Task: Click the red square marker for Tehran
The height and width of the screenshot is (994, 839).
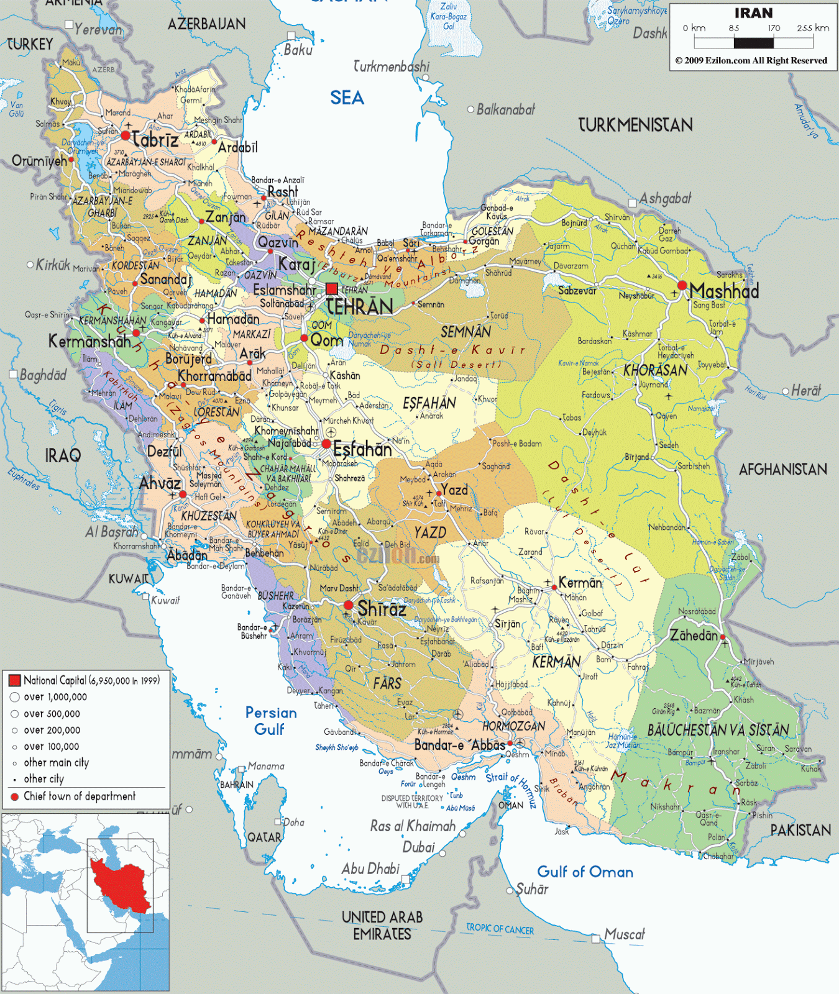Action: point(332,288)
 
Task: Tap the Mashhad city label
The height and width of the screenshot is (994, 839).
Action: point(724,291)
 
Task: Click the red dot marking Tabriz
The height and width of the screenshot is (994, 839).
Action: point(126,135)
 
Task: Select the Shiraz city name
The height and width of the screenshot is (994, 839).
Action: point(382,609)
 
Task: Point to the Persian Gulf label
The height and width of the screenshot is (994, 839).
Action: point(270,721)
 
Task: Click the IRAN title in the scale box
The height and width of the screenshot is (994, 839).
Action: point(753,13)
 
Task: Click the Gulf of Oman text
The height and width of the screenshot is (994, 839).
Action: point(585,872)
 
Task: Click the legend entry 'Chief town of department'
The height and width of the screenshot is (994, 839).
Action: point(79,796)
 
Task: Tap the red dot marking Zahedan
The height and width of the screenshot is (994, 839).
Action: point(723,637)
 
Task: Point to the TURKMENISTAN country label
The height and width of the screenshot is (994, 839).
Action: point(635,125)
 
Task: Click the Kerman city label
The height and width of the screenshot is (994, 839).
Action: point(580,583)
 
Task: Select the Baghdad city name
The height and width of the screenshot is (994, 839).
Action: point(42,375)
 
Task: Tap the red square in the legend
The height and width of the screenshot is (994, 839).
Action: point(15,680)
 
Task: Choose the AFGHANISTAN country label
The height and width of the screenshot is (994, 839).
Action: point(782,469)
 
